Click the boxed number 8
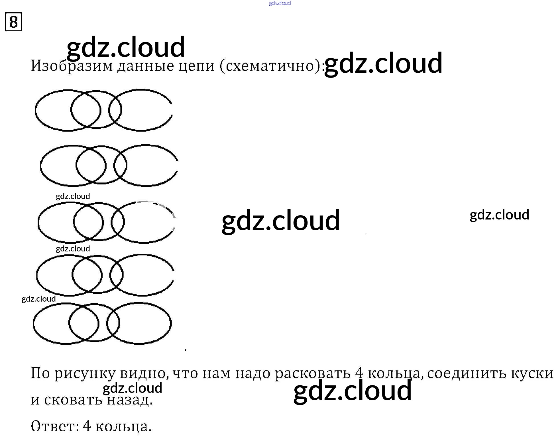pyautogui.click(x=13, y=22)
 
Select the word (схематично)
pyautogui.click(x=271, y=66)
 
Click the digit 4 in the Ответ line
pyautogui.click(x=87, y=426)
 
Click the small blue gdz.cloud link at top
pyautogui.click(x=280, y=3)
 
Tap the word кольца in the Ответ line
pyautogui.click(x=123, y=427)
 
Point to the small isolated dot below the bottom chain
pyautogui.click(x=185, y=349)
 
